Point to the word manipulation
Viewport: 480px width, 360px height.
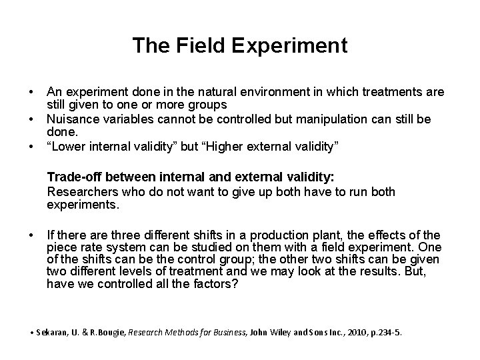(325, 119)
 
